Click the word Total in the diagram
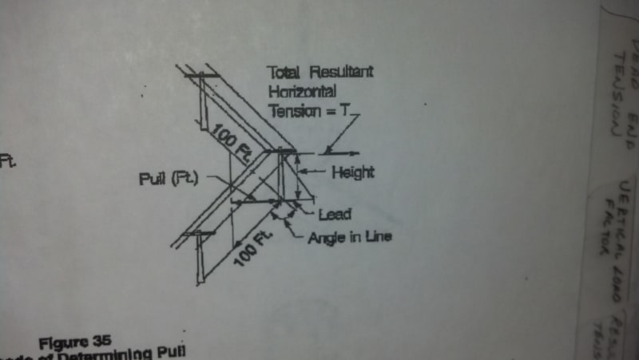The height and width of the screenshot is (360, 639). pyautogui.click(x=283, y=73)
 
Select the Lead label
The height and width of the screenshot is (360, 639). pyautogui.click(x=335, y=214)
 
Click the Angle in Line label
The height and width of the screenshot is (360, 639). pyautogui.click(x=349, y=237)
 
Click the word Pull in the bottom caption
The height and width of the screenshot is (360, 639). pyautogui.click(x=169, y=353)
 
